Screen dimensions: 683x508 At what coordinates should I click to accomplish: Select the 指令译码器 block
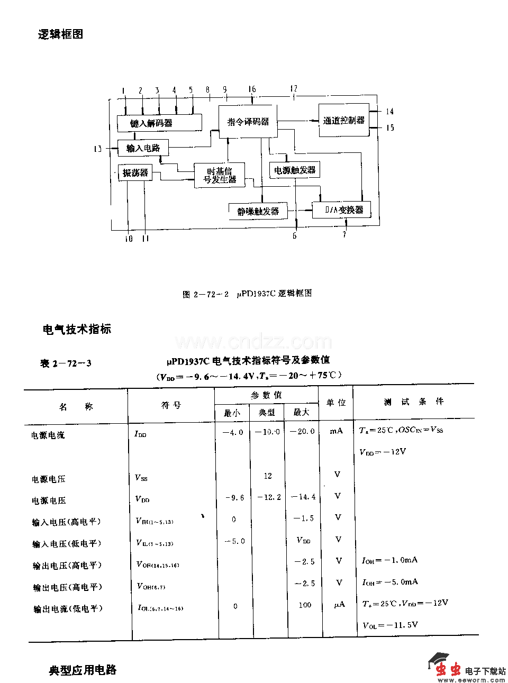click(x=248, y=122)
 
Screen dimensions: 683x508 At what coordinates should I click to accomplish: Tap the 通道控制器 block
click(x=344, y=121)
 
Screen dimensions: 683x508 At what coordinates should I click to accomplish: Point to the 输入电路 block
click(x=143, y=148)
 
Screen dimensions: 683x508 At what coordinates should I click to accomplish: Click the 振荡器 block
click(x=135, y=172)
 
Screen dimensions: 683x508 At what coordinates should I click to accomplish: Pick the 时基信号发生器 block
click(x=219, y=175)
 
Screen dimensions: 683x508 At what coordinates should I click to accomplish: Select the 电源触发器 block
click(x=294, y=170)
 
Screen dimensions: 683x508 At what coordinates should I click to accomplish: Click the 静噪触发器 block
click(x=258, y=211)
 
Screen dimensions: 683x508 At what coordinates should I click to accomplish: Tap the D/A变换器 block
click(x=341, y=210)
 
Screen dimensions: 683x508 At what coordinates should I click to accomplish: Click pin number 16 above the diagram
click(x=252, y=89)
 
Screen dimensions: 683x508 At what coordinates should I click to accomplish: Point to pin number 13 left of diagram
click(x=97, y=149)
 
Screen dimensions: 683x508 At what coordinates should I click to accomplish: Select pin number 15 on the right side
click(x=390, y=128)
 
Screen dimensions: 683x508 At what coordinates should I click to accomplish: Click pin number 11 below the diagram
click(x=146, y=239)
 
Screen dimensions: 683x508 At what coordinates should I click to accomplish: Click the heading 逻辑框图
click(x=60, y=34)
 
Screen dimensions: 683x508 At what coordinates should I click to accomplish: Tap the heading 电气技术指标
click(x=77, y=329)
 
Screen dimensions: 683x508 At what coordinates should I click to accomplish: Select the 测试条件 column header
click(x=414, y=402)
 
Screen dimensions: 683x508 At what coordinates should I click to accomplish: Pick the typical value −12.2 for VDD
click(x=268, y=497)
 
